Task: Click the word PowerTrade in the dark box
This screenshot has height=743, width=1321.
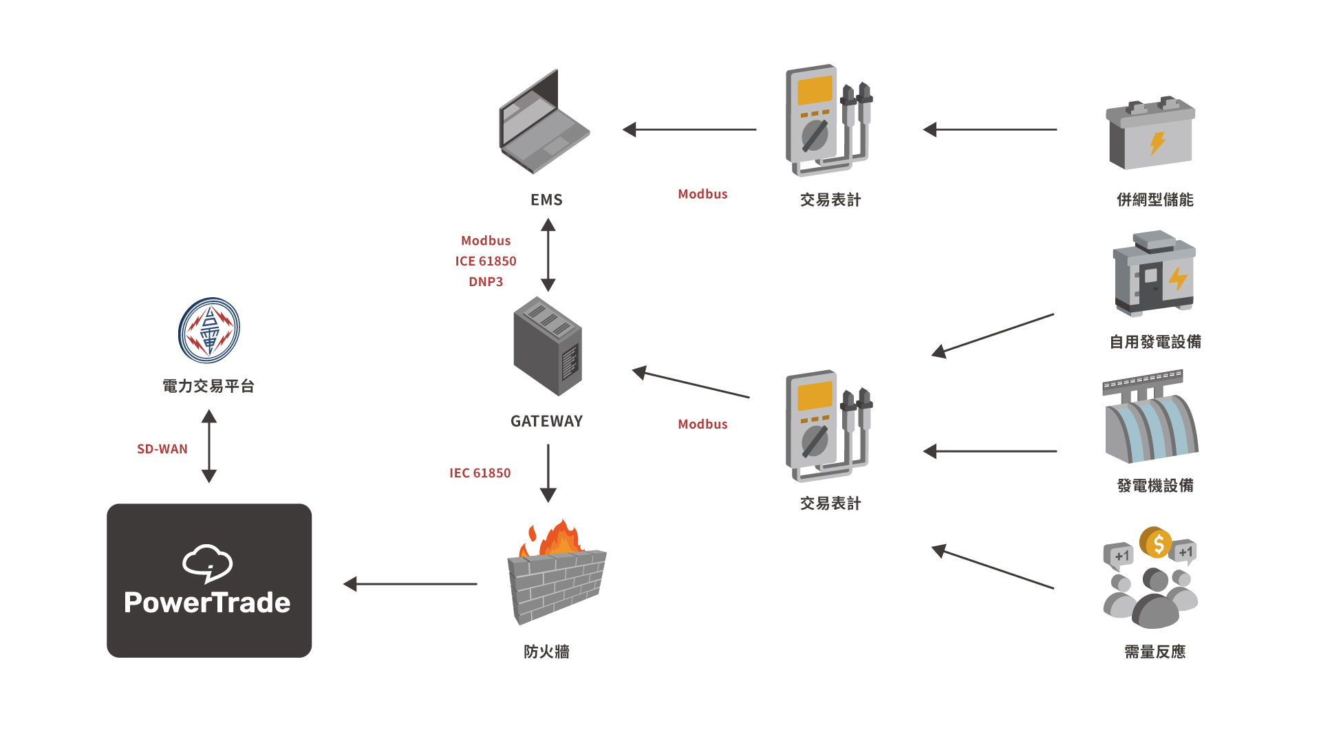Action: pos(207,603)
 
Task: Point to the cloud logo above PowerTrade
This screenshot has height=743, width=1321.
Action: pos(207,563)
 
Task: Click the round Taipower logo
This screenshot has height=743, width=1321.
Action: pos(209,330)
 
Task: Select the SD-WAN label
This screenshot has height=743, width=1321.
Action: pos(162,449)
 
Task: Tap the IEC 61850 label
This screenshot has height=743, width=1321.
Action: pos(480,473)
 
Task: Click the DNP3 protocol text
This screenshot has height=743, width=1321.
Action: pos(486,282)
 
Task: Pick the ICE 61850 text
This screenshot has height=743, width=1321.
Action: pos(486,261)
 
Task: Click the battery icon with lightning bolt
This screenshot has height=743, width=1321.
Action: pos(1150,134)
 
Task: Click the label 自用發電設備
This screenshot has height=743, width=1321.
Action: pos(1155,342)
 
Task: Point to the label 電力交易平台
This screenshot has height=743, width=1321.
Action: pos(208,387)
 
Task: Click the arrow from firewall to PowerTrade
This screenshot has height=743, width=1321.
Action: pos(410,584)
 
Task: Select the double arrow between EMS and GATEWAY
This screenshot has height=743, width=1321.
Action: pos(548,255)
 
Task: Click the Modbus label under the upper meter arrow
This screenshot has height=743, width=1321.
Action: pos(702,195)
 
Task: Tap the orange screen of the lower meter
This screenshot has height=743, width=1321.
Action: pos(815,396)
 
